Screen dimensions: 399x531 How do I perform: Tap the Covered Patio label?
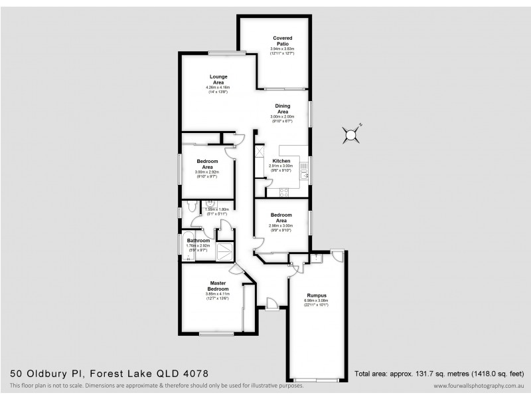point(281,41)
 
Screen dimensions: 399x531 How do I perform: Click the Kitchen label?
point(281,161)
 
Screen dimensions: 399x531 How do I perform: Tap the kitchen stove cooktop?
point(283,192)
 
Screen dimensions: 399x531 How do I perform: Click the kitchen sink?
point(304,174)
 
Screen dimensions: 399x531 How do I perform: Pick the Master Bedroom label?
point(217,287)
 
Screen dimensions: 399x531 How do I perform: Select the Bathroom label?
point(198,241)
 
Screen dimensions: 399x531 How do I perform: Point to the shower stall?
point(226,250)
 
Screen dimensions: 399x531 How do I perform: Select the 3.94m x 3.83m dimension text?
point(281,49)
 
